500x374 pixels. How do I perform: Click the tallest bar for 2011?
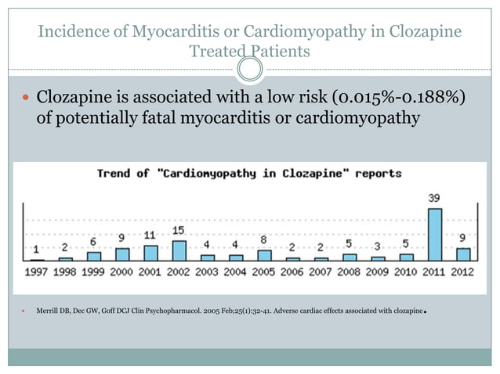(434, 234)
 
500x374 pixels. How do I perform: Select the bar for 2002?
(179, 250)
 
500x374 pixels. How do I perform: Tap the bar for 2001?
(150, 252)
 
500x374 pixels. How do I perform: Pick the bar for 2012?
(463, 254)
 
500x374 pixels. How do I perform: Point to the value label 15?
(179, 231)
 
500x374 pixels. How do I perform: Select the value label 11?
(150, 236)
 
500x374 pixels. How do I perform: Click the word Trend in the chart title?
(113, 173)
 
